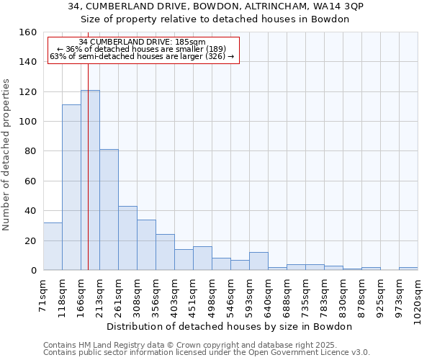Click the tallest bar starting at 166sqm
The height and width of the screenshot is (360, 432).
[90, 180]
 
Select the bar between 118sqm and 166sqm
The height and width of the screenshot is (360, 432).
[71, 187]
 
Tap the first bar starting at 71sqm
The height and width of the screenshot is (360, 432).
[53, 246]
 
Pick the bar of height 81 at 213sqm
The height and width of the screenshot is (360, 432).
[109, 210]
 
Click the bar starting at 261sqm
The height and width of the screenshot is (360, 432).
[127, 238]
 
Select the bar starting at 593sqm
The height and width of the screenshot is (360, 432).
[258, 261]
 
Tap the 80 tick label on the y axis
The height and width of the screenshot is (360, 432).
[30, 151]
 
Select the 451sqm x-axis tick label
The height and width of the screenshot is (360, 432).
[193, 298]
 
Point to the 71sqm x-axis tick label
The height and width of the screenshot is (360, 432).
[43, 296]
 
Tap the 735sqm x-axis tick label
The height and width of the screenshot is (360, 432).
[305, 298]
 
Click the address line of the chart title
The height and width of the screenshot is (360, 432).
[215, 6]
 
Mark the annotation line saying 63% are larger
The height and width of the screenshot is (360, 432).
[142, 56]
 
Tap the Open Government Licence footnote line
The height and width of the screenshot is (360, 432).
[207, 352]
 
